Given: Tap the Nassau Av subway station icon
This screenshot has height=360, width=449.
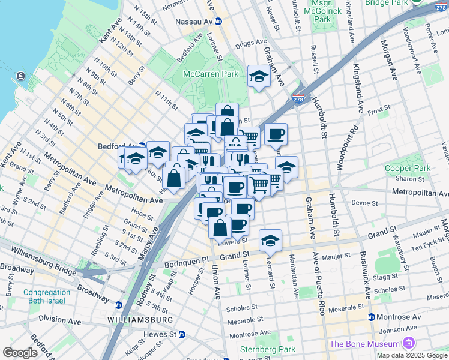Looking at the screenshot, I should pos(218,21).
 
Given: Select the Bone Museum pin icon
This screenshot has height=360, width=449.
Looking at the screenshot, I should pos(409,343).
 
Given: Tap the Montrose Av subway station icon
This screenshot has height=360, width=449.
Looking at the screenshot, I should pos(372,317).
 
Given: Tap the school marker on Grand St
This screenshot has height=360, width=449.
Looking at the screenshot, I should pos(270,241).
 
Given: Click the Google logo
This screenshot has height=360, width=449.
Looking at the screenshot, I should pos(20,353).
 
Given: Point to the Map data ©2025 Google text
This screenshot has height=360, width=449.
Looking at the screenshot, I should pos(412,355).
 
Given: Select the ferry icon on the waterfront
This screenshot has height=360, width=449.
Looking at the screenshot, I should pos(21,76).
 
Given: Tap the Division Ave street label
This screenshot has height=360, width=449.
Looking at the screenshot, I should pos(60,321).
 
